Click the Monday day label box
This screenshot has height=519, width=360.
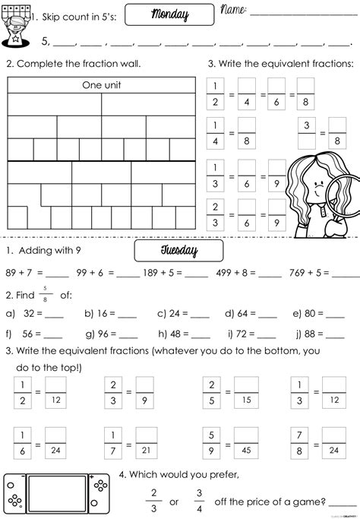pyautogui.click(x=169, y=15)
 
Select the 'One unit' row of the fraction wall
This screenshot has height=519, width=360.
pyautogui.click(x=102, y=85)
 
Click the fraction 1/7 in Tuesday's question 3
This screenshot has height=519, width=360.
pyautogui.click(x=112, y=442)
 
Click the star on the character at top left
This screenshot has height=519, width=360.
pyautogui.click(x=14, y=34)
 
